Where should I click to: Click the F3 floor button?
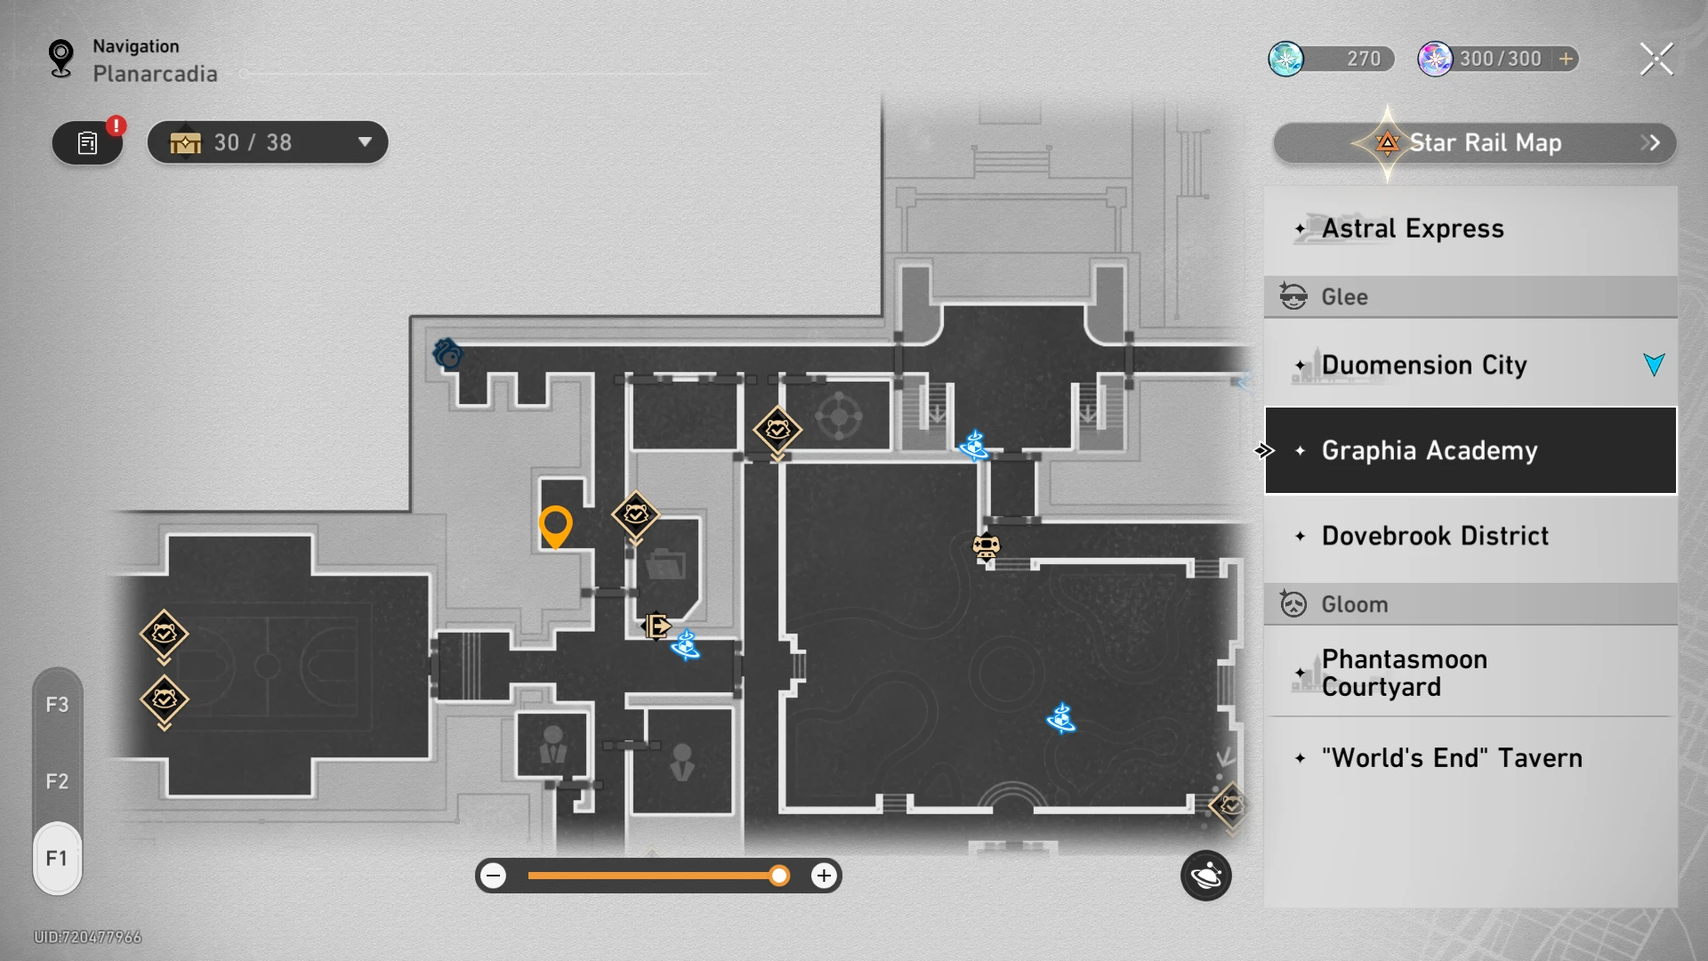(57, 705)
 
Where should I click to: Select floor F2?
(57, 781)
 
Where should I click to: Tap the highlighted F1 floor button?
(57, 858)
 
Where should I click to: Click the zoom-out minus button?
(494, 876)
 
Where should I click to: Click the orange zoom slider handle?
(779, 876)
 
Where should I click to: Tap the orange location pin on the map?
(555, 527)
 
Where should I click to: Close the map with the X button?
(1656, 60)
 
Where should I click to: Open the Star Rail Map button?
(1475, 142)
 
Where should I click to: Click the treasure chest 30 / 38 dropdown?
(268, 142)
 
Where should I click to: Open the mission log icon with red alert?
(88, 142)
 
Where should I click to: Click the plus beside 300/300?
(1566, 59)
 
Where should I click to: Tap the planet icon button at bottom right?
(1206, 876)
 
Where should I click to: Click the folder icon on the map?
(665, 564)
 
